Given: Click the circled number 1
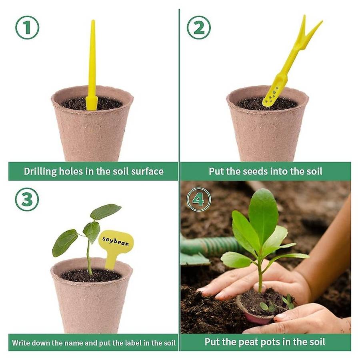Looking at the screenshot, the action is (27, 28).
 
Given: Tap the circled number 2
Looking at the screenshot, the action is (198, 28).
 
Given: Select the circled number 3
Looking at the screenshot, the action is (27, 199).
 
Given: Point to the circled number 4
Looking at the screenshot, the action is (198, 199).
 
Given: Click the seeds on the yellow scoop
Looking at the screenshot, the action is (273, 94).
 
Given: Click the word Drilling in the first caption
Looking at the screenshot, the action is (40, 172).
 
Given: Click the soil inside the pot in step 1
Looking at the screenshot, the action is (92, 104).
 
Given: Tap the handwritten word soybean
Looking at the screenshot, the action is (116, 241).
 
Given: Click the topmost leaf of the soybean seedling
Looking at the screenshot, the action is (106, 211).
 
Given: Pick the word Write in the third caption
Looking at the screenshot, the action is (21, 343).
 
